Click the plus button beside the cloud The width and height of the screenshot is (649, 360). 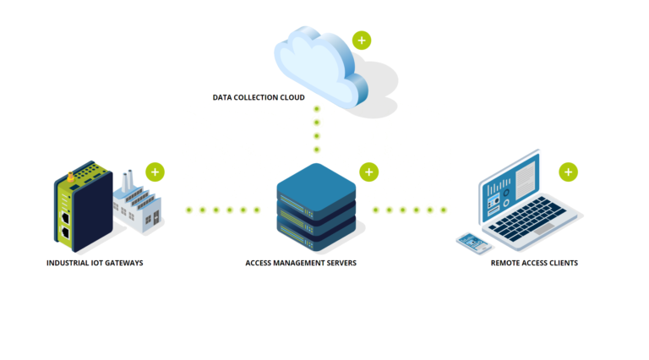coord(362,40)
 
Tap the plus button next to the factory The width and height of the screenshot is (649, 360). coord(155,172)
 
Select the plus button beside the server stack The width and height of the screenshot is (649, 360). coord(368,172)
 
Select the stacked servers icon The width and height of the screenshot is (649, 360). coord(316,207)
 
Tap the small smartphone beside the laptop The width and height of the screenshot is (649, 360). coord(474,243)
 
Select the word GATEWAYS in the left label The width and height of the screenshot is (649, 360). coord(123,264)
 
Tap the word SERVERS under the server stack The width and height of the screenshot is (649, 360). coord(340,264)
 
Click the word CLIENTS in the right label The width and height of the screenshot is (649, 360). coord(563,264)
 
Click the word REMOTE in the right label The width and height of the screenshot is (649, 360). coord(505,264)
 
